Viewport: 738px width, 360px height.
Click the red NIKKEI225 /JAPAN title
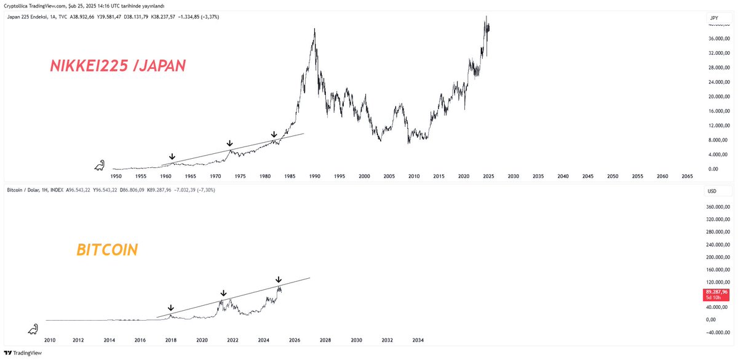pos(117,66)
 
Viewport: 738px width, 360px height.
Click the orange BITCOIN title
pos(107,250)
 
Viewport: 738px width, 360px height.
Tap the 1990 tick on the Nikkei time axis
pos(314,176)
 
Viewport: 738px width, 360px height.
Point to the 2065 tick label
pos(687,176)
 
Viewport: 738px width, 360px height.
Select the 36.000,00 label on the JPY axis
pos(718,39)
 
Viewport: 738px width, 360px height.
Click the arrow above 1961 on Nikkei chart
pos(172,158)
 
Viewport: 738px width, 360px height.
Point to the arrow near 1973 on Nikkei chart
pos(230,143)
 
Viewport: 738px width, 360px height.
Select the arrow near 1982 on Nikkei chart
pos(274,134)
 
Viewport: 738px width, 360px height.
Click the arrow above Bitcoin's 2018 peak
pos(171,308)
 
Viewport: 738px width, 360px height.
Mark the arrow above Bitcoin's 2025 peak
pos(279,280)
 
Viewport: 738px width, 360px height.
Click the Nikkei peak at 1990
pos(315,30)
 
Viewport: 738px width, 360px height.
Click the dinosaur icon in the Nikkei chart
pos(100,165)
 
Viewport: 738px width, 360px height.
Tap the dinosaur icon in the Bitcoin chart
pos(33,329)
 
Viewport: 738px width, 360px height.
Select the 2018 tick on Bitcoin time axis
pos(171,340)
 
